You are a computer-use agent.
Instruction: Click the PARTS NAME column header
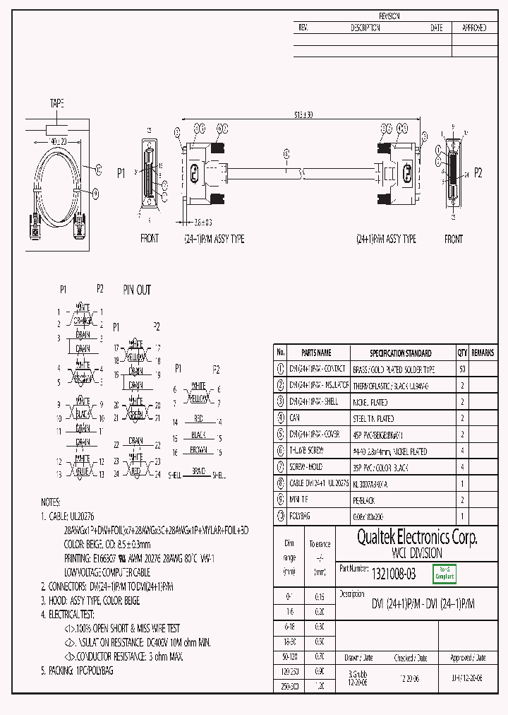pos(315,353)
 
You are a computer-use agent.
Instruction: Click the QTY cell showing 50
pos(462,370)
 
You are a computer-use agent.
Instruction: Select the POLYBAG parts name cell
pos(301,516)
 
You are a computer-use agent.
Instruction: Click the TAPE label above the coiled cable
pos(57,103)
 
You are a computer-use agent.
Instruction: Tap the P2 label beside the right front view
pos(478,172)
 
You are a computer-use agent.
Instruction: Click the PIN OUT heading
pos(137,290)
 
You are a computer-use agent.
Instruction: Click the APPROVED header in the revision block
pos(473,28)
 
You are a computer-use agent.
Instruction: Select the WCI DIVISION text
pos(417,554)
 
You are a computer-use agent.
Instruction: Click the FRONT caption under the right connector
pos(454,240)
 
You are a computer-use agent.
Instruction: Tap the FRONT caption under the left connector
pos(150,240)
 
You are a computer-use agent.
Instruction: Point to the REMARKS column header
pos(483,353)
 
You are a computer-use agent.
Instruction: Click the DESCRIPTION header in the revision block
pos(365,28)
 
